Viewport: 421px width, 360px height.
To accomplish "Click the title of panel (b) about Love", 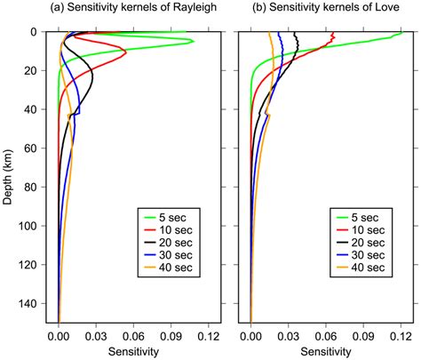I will point(324,11).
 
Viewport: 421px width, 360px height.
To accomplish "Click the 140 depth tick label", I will point(30,304).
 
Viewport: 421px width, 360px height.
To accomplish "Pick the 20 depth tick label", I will point(33,70).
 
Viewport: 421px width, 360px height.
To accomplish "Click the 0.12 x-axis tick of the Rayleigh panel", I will point(208,338).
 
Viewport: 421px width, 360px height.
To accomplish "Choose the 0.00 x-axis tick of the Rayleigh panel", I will point(59,338).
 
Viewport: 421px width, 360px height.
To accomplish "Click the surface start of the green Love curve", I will point(401,33).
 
